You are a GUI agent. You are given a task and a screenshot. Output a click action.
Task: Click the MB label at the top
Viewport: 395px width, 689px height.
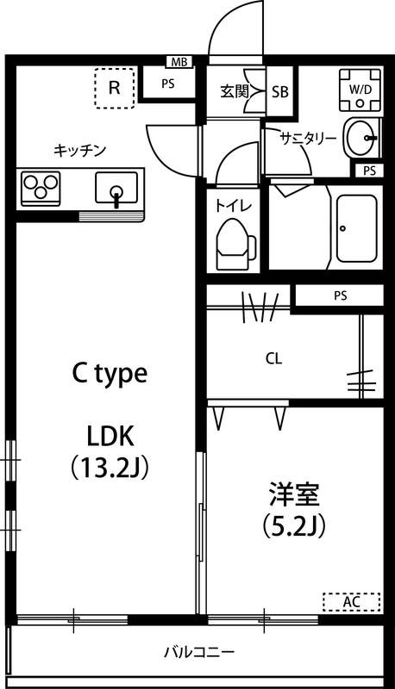click(179, 61)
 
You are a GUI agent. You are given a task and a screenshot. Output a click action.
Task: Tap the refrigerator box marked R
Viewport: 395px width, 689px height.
click(114, 88)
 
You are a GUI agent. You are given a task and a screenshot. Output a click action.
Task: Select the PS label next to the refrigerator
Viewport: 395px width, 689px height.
click(167, 84)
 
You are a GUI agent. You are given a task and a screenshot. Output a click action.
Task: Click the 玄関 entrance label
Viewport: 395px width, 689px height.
click(234, 90)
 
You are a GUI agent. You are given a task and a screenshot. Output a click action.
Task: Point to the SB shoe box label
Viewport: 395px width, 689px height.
click(280, 90)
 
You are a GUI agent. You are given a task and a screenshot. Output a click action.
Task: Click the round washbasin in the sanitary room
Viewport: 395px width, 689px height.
click(361, 136)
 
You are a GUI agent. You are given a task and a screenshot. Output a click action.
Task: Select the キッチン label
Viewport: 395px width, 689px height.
click(79, 150)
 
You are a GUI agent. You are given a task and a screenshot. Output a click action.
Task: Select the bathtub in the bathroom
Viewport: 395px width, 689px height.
click(356, 229)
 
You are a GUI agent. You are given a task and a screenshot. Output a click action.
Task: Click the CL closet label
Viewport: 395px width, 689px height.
click(273, 358)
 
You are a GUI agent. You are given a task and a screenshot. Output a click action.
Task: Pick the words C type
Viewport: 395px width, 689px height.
click(109, 373)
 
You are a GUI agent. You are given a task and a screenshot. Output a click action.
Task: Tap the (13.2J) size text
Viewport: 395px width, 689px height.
click(110, 468)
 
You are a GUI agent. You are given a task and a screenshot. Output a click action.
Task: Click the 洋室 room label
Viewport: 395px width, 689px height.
click(294, 495)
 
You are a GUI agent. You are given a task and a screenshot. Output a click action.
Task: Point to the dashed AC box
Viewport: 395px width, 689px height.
click(351, 601)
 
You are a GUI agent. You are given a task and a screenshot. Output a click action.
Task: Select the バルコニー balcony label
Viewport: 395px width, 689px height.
click(200, 652)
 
